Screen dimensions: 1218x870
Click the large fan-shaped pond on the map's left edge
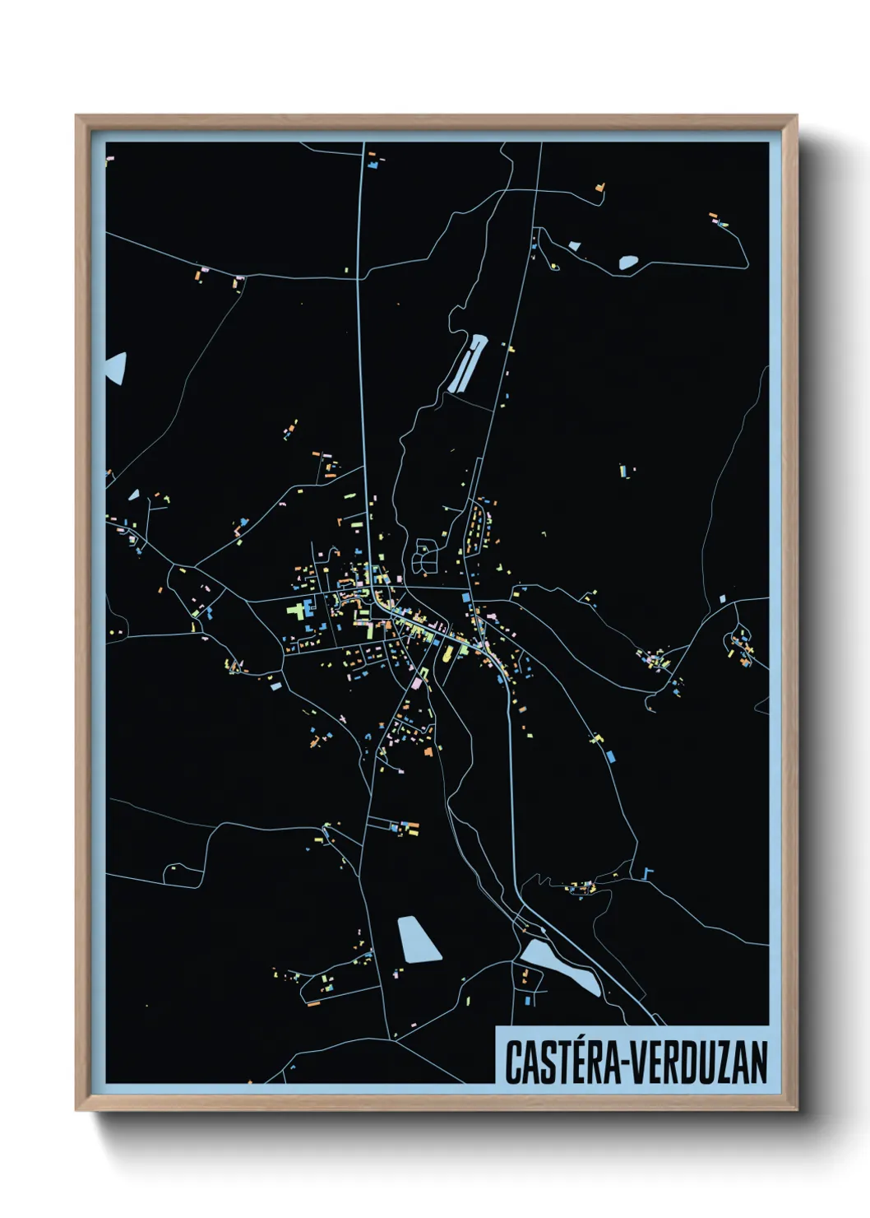click(116, 367)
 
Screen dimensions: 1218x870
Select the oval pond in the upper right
click(627, 263)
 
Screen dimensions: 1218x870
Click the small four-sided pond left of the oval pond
click(574, 245)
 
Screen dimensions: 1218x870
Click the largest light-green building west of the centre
click(296, 611)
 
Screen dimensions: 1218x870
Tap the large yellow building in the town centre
click(449, 653)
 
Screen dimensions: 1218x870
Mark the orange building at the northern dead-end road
click(600, 188)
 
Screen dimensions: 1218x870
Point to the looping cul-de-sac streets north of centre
click(425, 556)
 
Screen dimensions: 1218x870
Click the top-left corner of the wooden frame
click(76, 116)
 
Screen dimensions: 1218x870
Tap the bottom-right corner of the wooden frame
click(796, 1109)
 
